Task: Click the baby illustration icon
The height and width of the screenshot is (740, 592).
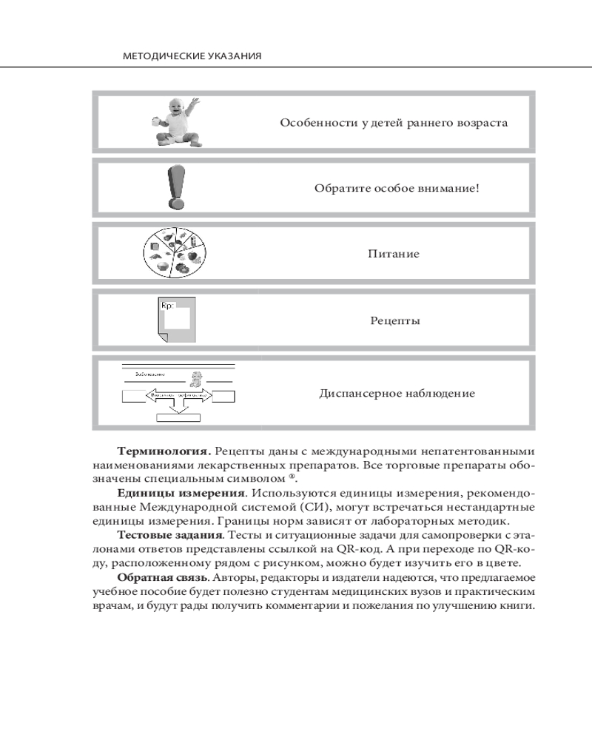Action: point(174,121)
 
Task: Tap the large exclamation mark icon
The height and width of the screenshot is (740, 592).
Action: point(175,187)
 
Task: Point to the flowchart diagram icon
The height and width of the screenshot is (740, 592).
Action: point(178,393)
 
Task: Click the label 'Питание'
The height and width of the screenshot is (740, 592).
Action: point(394,254)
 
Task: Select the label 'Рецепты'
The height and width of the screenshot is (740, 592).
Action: point(395,322)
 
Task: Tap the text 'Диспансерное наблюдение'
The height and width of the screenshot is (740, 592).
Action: point(397,393)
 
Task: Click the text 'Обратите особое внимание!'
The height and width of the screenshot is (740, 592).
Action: point(397,188)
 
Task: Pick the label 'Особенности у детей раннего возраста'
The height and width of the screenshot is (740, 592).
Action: point(393,123)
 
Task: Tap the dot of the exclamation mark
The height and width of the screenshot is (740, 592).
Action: point(175,203)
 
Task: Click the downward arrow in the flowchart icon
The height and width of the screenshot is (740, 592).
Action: point(178,406)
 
